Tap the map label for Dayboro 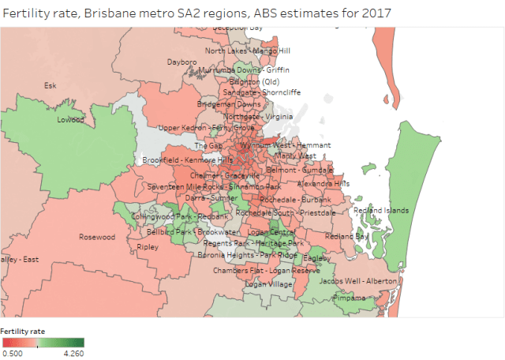181,62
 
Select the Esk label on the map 50,85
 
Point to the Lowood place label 70,120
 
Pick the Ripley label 148,246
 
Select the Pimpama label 350,298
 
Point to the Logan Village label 270,283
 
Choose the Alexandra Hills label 324,183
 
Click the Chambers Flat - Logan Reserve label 260,270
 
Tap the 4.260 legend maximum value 73,354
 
